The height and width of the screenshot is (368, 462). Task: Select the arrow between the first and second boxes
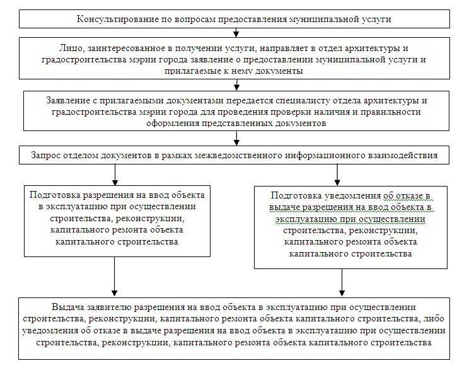(236, 32)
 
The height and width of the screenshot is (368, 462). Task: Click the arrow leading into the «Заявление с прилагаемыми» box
(236, 84)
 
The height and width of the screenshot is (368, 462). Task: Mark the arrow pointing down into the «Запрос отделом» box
(236, 138)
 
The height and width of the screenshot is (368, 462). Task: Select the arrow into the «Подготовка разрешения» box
(115, 175)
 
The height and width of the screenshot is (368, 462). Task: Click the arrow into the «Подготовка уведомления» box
(337, 175)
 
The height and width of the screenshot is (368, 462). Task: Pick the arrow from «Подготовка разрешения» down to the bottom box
(114, 277)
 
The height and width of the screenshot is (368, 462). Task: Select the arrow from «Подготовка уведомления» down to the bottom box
(342, 283)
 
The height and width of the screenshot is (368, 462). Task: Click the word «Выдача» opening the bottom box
(68, 308)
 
